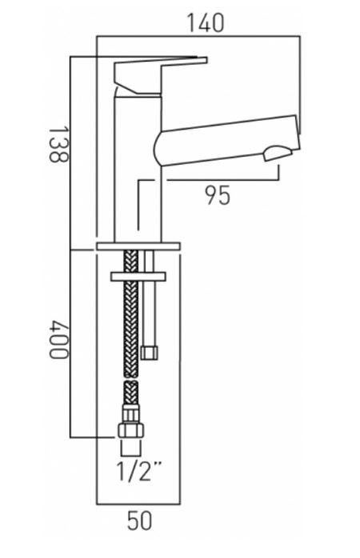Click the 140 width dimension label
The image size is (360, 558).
click(x=206, y=22)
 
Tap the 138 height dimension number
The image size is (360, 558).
click(x=58, y=144)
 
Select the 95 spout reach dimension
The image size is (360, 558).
click(x=218, y=195)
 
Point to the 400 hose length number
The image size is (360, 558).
click(x=58, y=340)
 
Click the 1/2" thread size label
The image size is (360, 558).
click(x=139, y=471)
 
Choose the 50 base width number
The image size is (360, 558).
click(x=139, y=520)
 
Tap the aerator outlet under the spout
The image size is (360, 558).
click(x=278, y=153)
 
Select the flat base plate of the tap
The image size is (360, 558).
click(x=138, y=246)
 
